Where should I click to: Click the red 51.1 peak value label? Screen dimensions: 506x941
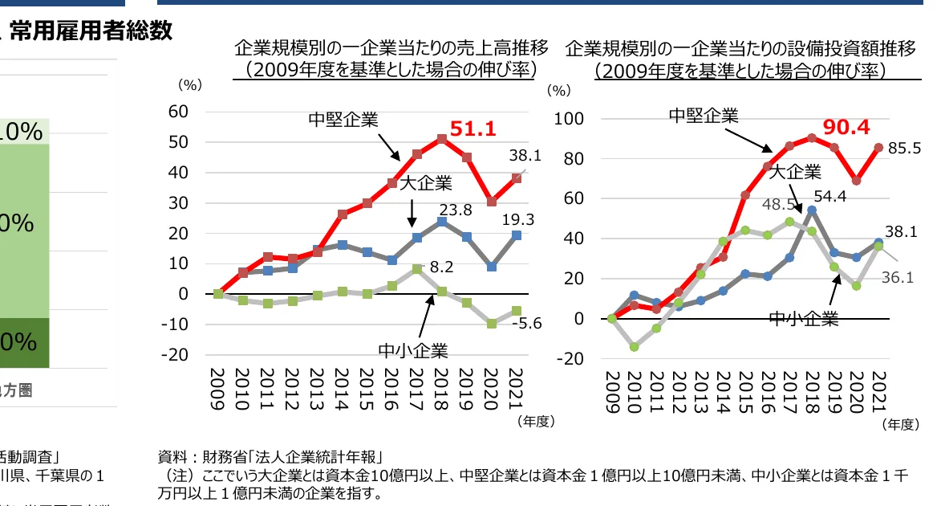tap(473, 129)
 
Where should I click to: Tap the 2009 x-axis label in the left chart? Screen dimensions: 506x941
tap(217, 390)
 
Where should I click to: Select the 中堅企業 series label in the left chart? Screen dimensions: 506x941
tap(343, 120)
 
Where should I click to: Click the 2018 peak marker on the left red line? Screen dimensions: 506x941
tap(442, 139)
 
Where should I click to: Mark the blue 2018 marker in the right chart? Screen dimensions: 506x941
tap(812, 210)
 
